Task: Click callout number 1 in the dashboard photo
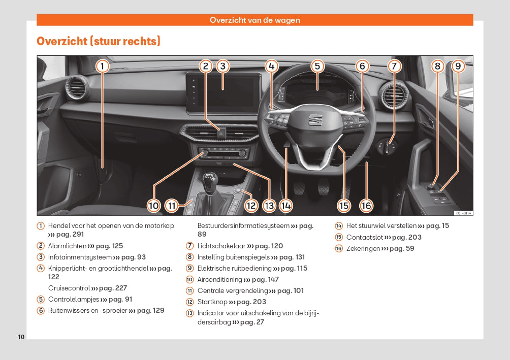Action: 102,66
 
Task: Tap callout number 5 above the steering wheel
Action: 317,66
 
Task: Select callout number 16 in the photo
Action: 366,205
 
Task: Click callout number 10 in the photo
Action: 154,205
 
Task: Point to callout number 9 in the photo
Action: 458,66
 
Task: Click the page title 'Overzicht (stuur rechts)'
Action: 99,41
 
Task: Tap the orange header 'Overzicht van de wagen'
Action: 255,20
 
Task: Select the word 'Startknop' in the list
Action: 211,302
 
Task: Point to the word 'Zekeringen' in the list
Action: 363,248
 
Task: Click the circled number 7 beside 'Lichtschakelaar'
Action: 190,246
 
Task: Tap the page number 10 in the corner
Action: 21,337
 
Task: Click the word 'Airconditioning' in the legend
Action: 219,280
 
